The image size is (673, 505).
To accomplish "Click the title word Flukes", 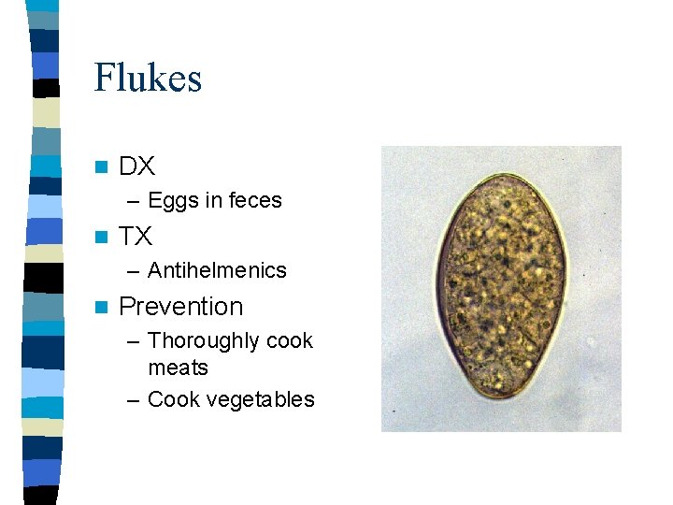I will pos(148,78).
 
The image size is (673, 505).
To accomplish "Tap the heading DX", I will pos(137,167).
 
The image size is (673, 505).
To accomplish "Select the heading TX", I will pos(136,237).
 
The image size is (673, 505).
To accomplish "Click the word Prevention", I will pos(181,307).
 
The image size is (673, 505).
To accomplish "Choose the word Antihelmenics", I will pos(217,270).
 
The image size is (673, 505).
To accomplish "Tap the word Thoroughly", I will pos(204,341).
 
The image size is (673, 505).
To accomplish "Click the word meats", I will pos(178,368).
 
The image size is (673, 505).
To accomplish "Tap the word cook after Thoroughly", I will pos(290,340).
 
